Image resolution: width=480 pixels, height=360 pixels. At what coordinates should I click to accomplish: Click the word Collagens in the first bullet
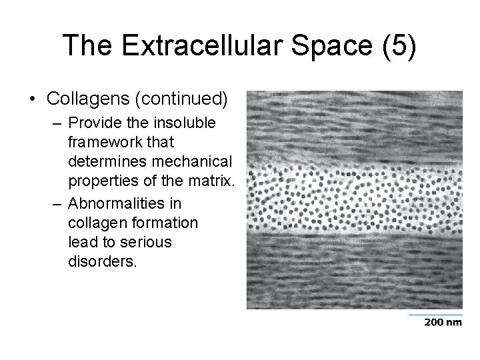[85, 99]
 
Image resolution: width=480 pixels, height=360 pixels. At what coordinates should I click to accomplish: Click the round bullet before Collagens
[33, 100]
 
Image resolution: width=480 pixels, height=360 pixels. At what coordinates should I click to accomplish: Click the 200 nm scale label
[442, 323]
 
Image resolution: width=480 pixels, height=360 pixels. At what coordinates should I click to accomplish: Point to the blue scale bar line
[435, 314]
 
